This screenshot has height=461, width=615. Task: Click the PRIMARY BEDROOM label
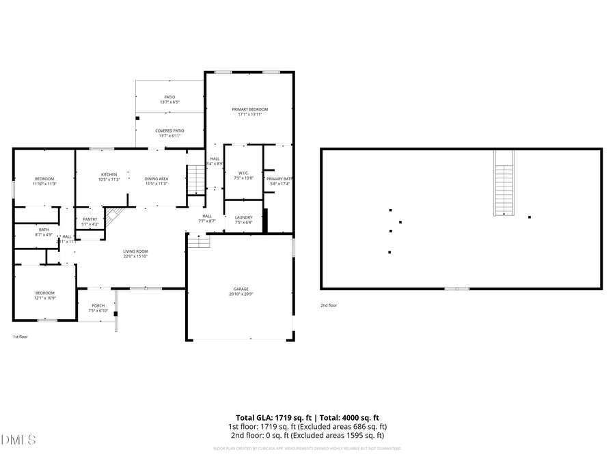coord(249,109)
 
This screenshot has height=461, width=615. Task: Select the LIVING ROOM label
coord(135,251)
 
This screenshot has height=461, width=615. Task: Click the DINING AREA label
coord(156,178)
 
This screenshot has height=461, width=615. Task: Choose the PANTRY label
coord(90,219)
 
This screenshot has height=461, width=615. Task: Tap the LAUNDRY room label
coord(243,217)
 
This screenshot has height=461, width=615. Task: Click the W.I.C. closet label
coord(243,173)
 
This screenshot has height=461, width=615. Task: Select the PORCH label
coord(98,306)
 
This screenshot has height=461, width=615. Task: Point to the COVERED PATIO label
coord(169,130)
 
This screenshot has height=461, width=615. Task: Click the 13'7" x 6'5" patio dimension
coord(169,102)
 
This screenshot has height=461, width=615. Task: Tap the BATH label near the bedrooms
coord(44,229)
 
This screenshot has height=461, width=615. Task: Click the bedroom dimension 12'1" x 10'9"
coord(44,298)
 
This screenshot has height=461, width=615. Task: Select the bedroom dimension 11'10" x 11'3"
coord(44,184)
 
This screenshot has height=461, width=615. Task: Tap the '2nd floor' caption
coord(329,305)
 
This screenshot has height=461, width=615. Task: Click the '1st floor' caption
coord(20,337)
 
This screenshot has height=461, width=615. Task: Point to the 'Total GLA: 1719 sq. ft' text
coord(270,417)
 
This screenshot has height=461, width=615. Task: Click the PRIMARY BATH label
coord(278,178)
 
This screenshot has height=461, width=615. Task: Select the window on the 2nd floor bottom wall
coord(456,289)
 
